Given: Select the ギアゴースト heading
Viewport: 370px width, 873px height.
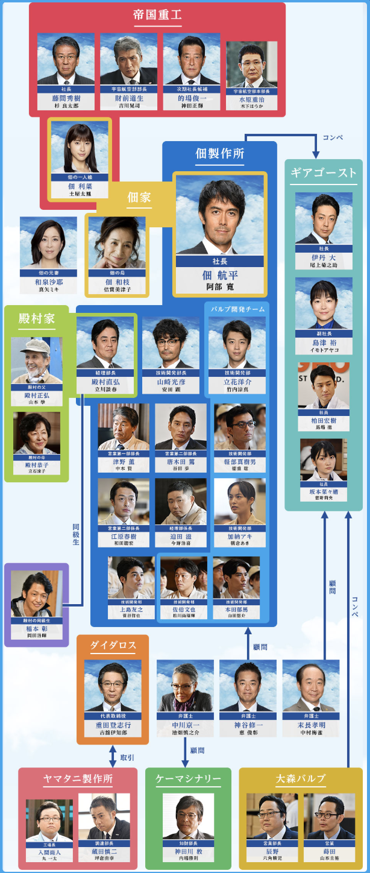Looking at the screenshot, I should click(324, 173).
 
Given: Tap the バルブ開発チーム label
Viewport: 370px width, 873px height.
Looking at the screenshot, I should click(237, 309).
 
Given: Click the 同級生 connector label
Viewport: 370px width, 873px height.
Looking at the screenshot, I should click(75, 534).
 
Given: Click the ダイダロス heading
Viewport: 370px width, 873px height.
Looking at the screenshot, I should click(113, 646).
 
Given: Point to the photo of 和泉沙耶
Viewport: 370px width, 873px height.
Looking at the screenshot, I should click(48, 243).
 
